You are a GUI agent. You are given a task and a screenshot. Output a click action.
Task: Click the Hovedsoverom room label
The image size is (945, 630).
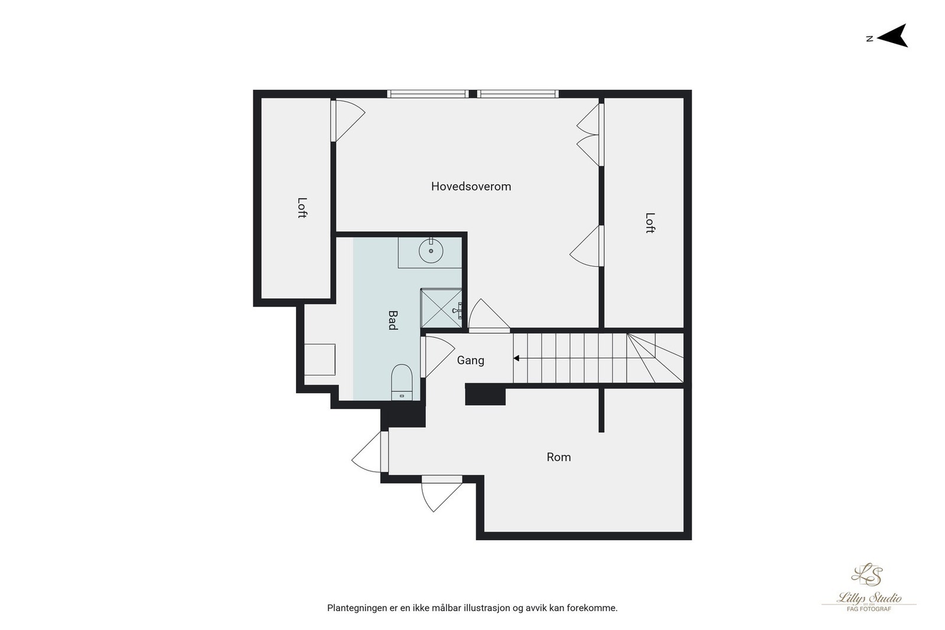point(471,187)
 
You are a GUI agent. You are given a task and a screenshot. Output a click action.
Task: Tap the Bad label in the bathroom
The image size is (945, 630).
point(392,320)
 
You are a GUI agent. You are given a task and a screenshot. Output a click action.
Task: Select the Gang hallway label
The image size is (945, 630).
point(470,360)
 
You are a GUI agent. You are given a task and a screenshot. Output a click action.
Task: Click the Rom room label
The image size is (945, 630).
point(558,457)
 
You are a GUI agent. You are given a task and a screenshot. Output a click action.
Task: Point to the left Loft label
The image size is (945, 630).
point(302,208)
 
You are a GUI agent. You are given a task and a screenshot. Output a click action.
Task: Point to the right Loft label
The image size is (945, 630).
point(650,223)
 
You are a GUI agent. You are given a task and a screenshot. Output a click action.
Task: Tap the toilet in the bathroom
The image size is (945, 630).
point(402,381)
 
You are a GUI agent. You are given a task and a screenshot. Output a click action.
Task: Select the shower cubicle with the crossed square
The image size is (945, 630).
point(440,308)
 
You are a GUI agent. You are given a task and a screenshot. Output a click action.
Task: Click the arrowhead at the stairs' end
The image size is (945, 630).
point(516,358)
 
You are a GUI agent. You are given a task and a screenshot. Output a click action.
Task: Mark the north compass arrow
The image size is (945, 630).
point(893,36)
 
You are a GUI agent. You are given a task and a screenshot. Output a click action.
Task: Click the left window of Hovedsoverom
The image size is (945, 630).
point(428,93)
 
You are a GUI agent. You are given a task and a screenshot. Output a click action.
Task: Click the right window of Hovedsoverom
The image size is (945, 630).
point(519,93)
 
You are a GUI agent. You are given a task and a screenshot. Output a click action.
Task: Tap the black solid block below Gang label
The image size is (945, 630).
point(485,394)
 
